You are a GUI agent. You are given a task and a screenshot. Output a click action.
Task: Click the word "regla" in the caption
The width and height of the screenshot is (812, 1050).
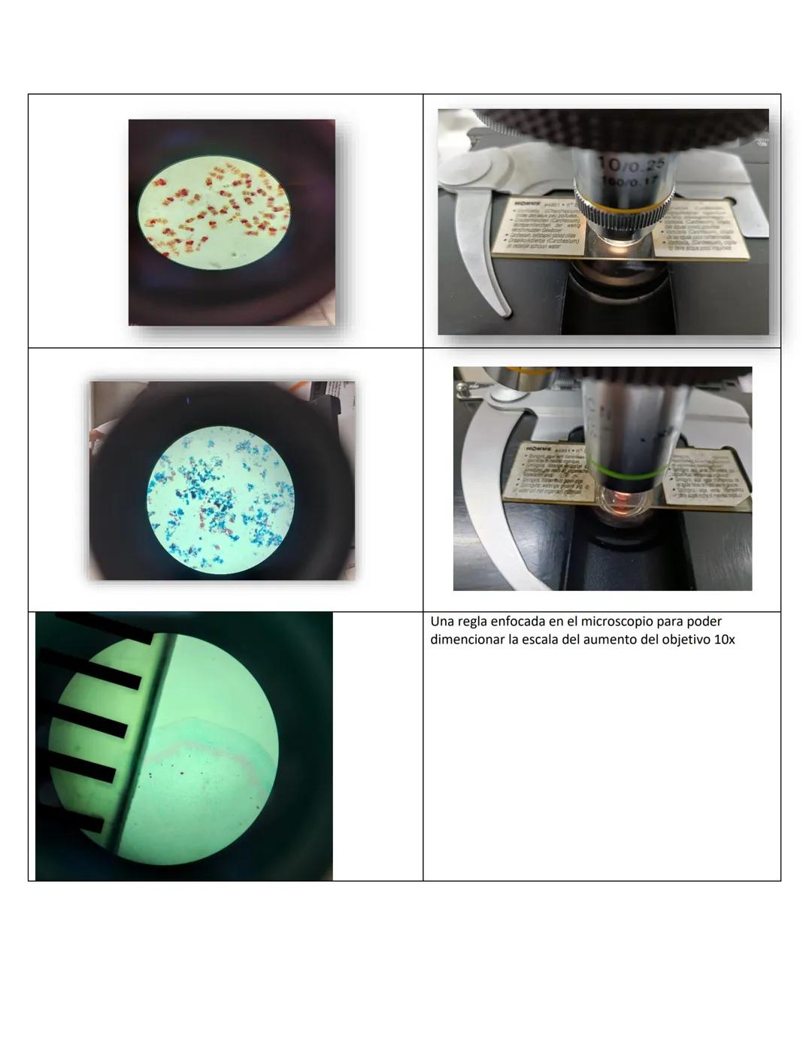tap(471, 622)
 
